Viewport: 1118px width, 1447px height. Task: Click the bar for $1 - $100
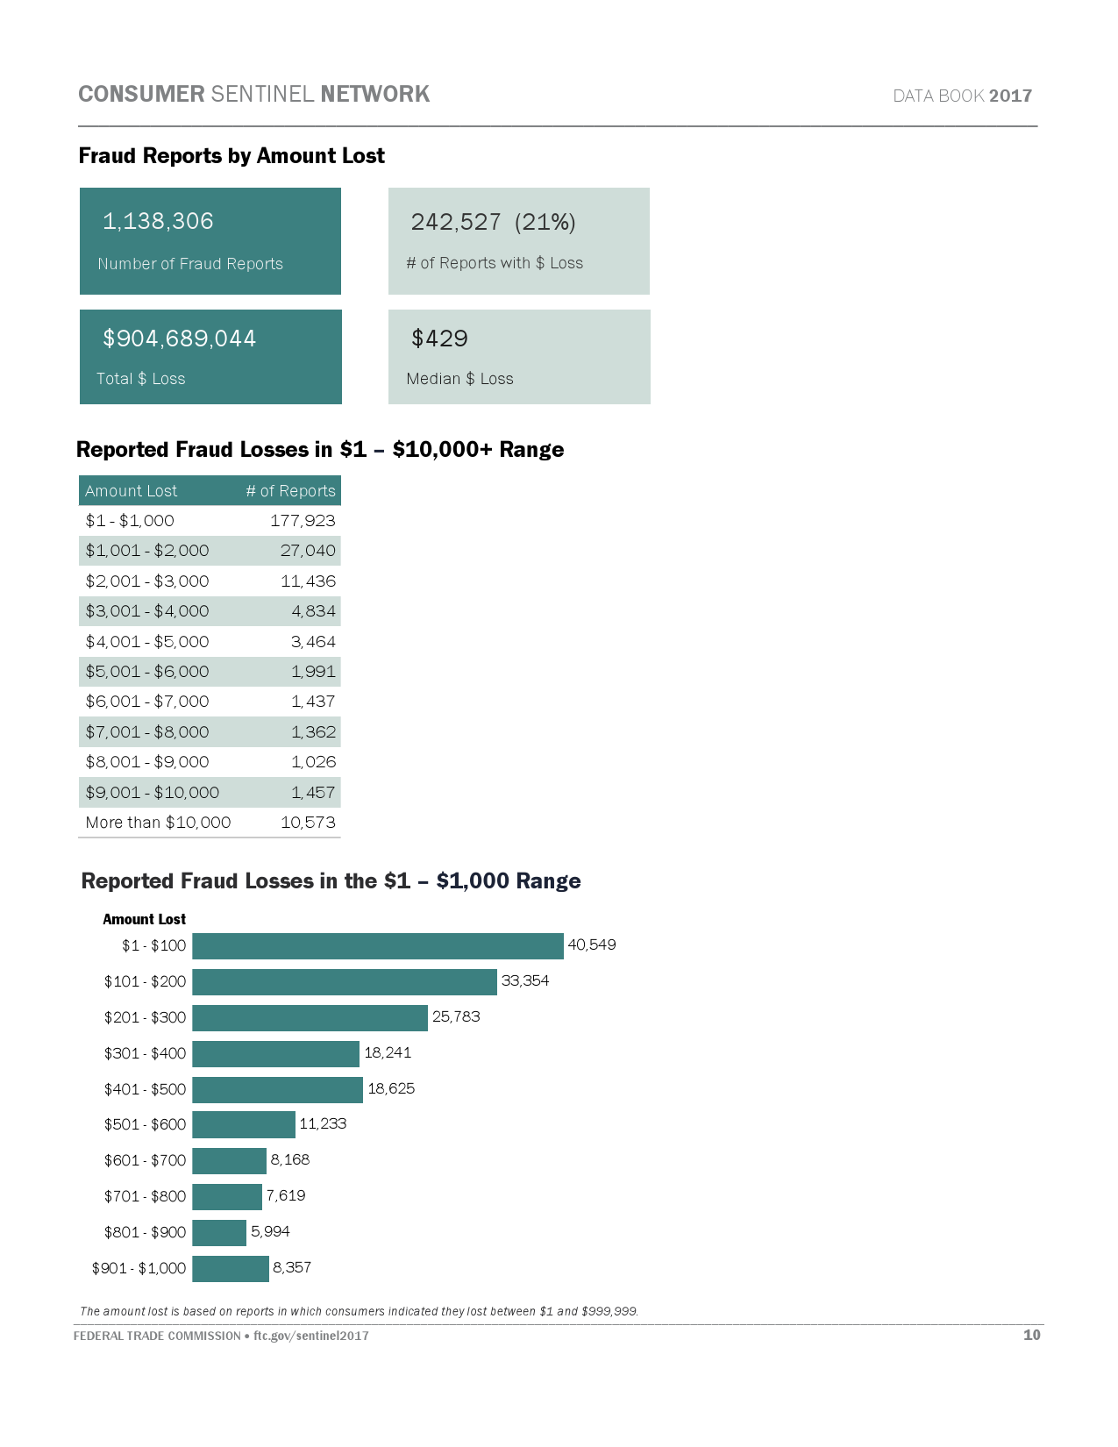click(x=377, y=946)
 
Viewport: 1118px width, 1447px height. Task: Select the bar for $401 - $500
click(x=277, y=1090)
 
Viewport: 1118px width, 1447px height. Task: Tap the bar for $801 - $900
click(x=219, y=1233)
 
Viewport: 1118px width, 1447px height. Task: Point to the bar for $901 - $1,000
click(x=231, y=1269)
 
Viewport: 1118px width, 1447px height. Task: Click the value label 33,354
click(x=525, y=981)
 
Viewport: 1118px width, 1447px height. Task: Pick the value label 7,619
click(x=286, y=1196)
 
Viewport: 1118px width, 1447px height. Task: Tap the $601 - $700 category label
click(x=145, y=1161)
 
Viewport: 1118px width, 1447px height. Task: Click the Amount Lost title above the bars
click(x=144, y=920)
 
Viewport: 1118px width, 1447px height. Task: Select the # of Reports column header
click(x=290, y=491)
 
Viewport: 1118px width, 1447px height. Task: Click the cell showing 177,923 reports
click(x=303, y=521)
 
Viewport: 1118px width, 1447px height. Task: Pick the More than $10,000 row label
click(x=158, y=823)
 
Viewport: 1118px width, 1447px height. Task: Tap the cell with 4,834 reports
click(x=313, y=611)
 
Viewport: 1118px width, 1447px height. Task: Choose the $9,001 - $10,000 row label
click(x=152, y=793)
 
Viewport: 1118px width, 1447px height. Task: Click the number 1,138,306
click(x=158, y=221)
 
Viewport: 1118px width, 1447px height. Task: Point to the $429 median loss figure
click(x=439, y=339)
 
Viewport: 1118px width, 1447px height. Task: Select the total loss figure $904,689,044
click(x=179, y=339)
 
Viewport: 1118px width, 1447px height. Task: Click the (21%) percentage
click(x=545, y=222)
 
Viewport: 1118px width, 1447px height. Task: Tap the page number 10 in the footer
click(x=1031, y=1335)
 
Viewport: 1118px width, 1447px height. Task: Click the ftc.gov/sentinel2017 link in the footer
click(x=311, y=1336)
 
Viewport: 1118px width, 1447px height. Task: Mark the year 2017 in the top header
click(x=1010, y=96)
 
